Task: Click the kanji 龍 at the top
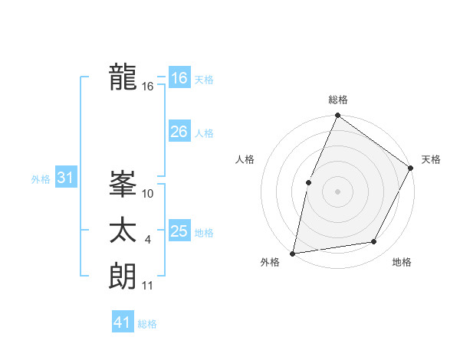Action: tap(123, 77)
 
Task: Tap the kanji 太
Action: tap(123, 231)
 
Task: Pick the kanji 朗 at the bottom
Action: tap(123, 276)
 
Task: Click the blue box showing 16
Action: tap(179, 78)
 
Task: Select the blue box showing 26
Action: tap(179, 132)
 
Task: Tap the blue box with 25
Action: tap(179, 231)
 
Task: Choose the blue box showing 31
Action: tap(65, 178)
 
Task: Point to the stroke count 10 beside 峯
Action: tap(149, 194)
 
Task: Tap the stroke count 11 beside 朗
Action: tap(149, 286)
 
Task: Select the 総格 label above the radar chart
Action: tap(337, 100)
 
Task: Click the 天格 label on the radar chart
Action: tap(431, 159)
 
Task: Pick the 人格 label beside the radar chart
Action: tap(245, 159)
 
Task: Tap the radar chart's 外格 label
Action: tap(270, 262)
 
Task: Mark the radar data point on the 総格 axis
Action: tap(337, 116)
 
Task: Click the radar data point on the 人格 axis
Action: tap(308, 182)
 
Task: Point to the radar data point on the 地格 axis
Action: tap(374, 242)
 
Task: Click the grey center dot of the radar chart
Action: tap(337, 191)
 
